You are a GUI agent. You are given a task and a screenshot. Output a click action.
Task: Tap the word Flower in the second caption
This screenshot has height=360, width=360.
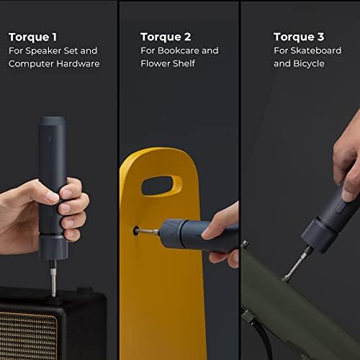[x=156, y=64]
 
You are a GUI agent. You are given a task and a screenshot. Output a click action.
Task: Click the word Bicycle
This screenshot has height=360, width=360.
[x=309, y=64]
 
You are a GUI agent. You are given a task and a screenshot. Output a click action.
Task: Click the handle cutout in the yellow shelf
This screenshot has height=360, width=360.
[x=162, y=185]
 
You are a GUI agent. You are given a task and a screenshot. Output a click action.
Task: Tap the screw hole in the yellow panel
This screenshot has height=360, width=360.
[x=135, y=230]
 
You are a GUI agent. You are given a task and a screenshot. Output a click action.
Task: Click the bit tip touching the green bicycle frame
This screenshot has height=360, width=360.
[x=287, y=279]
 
